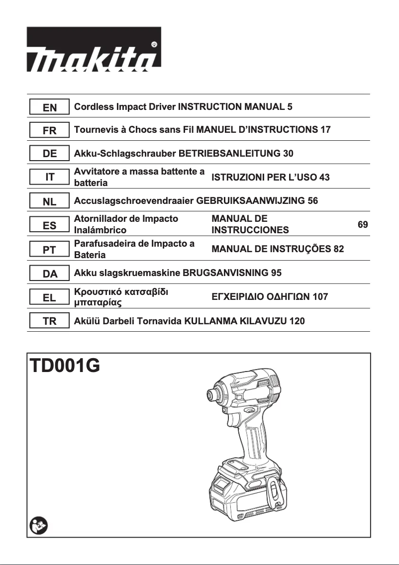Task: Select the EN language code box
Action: tap(50, 107)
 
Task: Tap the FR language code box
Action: tap(50, 131)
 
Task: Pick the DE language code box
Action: tap(50, 154)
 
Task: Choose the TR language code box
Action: tap(50, 321)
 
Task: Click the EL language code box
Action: tap(50, 297)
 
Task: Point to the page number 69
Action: tap(363, 225)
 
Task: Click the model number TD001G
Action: tap(65, 367)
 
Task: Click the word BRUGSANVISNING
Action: tap(225, 273)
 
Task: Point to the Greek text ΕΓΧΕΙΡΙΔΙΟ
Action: tap(238, 297)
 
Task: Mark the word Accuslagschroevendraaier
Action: tap(134, 201)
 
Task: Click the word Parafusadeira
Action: tap(103, 244)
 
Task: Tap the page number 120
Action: tap(297, 321)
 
